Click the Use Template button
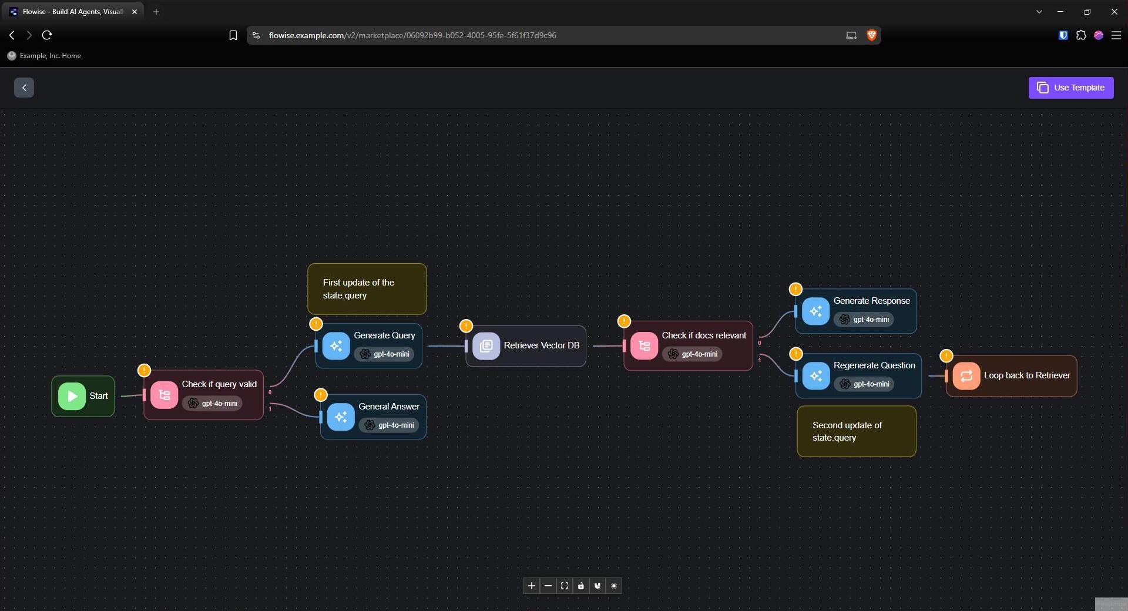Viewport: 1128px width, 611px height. click(x=1071, y=88)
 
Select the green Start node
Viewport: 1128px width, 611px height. click(x=83, y=396)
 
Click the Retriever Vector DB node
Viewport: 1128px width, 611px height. click(x=526, y=346)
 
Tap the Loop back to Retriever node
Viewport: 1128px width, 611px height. click(x=1011, y=376)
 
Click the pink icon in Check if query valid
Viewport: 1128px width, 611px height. click(x=164, y=395)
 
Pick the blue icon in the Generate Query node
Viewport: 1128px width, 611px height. click(x=336, y=346)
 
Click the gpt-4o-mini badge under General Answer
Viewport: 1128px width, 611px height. click(x=389, y=425)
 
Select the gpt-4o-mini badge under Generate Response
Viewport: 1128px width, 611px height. click(x=864, y=320)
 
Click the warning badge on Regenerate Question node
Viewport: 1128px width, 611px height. click(x=795, y=354)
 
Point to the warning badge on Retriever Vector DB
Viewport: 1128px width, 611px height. click(x=466, y=325)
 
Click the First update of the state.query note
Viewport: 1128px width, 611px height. click(x=367, y=289)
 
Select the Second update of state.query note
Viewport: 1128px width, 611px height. click(x=857, y=431)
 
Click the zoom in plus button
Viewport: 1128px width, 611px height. click(x=532, y=586)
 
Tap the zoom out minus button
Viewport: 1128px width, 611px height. click(x=548, y=586)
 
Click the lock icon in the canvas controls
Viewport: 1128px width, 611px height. click(x=581, y=586)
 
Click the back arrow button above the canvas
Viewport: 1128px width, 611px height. click(x=24, y=88)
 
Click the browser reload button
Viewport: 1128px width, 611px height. click(x=47, y=35)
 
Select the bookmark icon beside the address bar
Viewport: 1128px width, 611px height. click(x=233, y=35)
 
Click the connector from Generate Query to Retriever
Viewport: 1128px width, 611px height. click(x=446, y=346)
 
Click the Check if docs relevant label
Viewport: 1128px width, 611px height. click(x=704, y=335)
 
